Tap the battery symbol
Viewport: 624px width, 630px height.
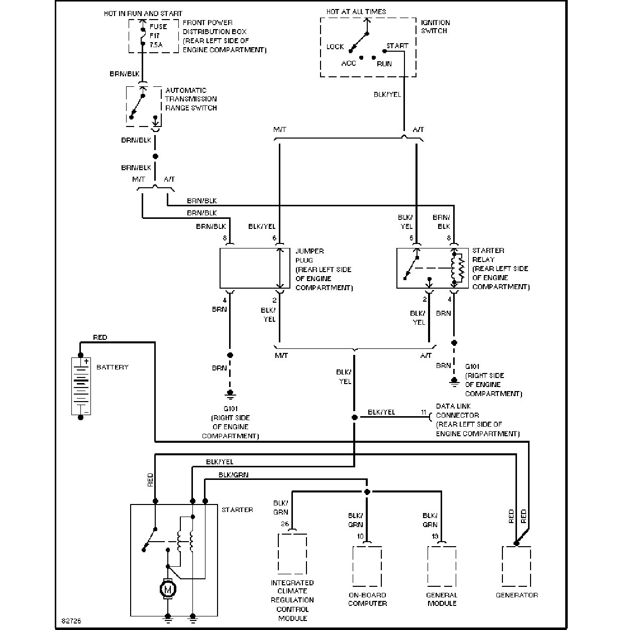pos(81,386)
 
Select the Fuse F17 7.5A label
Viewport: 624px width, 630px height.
pos(158,36)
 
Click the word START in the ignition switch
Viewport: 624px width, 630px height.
pos(397,46)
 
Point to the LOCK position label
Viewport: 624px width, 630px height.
pos(335,47)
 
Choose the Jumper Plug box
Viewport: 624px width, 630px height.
pos(255,268)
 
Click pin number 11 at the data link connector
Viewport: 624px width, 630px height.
pos(424,412)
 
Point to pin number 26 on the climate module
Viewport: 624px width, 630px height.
pos(285,524)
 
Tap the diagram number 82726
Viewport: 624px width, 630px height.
pos(71,621)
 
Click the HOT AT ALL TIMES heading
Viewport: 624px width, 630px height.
pos(356,12)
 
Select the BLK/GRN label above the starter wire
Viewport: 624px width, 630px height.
pos(233,475)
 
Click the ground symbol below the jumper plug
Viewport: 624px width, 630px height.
pos(230,395)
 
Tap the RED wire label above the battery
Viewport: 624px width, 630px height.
pos(100,337)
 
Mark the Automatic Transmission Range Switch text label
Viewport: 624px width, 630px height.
pos(191,99)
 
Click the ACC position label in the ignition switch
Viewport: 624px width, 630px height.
pos(349,63)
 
